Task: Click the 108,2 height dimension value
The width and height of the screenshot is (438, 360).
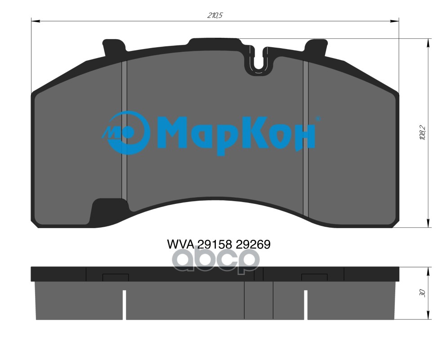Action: (422, 133)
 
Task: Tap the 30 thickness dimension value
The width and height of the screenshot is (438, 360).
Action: (422, 292)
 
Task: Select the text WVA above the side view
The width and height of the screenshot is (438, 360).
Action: (180, 245)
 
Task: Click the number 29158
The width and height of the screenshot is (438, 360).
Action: (214, 245)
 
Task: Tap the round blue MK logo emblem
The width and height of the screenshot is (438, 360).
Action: (126, 133)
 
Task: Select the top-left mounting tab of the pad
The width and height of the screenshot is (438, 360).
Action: (115, 47)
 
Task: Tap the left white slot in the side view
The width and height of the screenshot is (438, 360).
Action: (125, 304)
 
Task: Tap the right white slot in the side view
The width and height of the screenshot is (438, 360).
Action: (305, 304)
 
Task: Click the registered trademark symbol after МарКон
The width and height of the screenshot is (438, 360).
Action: (318, 119)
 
